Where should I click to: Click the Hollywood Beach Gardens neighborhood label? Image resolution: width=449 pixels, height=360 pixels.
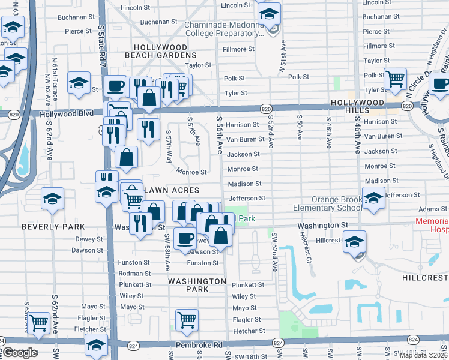pyautogui.click(x=160, y=50)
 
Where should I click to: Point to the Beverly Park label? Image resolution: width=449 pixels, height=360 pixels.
pyautogui.click(x=53, y=227)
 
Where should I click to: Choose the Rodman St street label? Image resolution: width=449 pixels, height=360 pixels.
pyautogui.click(x=135, y=273)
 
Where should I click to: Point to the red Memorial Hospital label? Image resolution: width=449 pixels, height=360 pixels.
pyautogui.click(x=432, y=225)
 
